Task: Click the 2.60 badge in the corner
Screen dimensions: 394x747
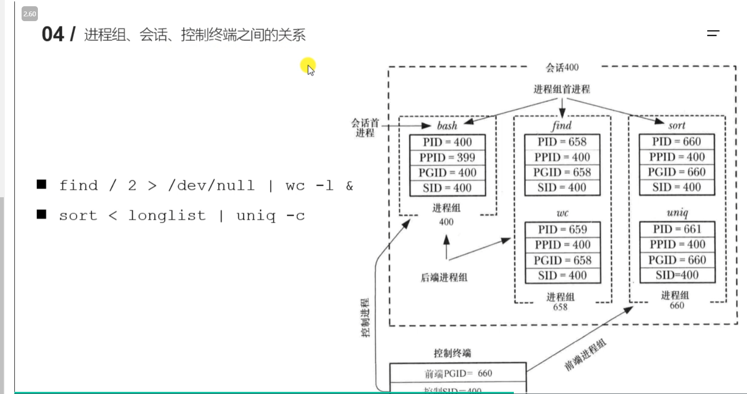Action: tap(30, 14)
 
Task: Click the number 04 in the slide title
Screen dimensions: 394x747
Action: tap(52, 35)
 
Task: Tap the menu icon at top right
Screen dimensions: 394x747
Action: tap(713, 33)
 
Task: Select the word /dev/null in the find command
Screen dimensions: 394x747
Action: tap(211, 185)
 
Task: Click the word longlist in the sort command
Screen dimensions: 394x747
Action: tap(166, 215)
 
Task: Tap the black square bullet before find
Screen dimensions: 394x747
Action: tap(42, 184)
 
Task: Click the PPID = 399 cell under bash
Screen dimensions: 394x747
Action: tap(447, 157)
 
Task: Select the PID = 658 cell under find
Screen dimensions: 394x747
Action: tap(562, 142)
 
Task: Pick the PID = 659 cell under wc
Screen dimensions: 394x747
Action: tap(562, 229)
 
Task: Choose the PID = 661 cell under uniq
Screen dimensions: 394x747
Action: tap(677, 229)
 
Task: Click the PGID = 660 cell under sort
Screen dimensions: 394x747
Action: tap(676, 172)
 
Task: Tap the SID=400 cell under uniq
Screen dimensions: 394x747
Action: tap(677, 275)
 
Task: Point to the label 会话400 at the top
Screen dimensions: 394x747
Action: tap(562, 68)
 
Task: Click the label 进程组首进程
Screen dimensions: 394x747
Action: tap(562, 89)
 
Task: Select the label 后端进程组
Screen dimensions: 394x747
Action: tap(444, 277)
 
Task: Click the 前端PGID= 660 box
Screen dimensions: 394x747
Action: tap(458, 373)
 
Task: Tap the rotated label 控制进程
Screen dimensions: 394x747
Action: tap(365, 317)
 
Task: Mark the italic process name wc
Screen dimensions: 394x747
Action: tap(562, 213)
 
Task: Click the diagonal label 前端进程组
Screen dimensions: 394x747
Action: tap(585, 355)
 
